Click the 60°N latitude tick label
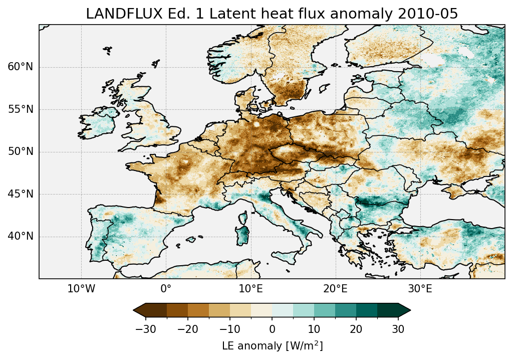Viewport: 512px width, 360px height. point(21,67)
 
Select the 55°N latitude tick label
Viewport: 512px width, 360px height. point(21,109)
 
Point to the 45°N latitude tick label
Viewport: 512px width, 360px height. point(21,194)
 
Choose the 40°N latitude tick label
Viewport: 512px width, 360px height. point(21,236)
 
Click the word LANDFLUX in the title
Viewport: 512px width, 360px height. point(116,14)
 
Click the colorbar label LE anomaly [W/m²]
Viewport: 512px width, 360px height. point(272,346)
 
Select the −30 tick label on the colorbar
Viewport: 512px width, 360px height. point(145,329)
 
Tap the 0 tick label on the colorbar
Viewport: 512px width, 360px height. point(272,329)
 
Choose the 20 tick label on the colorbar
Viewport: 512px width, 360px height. point(356,329)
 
